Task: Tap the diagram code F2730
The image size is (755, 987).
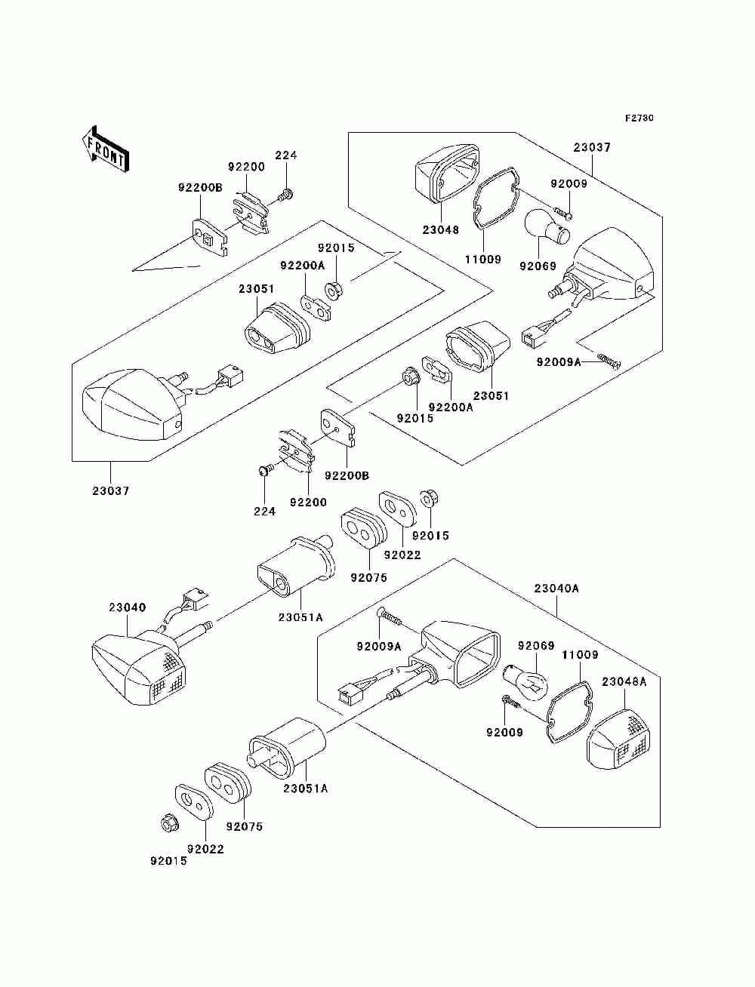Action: pos(639,118)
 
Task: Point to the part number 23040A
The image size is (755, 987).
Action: pos(556,588)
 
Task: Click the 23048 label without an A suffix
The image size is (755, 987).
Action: pos(441,230)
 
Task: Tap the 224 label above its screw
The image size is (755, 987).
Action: pos(286,155)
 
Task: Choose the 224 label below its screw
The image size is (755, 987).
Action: pos(264,512)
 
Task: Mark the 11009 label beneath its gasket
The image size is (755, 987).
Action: pos(483,259)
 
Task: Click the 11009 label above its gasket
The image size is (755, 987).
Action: pos(580,655)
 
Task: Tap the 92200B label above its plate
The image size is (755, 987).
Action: pos(200,187)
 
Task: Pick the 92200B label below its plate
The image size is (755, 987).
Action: pos(347,475)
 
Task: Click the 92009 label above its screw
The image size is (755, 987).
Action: pos(569,183)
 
